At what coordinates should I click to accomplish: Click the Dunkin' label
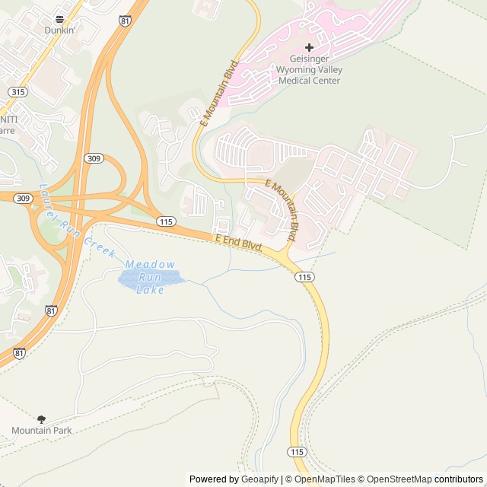pyautogui.click(x=59, y=30)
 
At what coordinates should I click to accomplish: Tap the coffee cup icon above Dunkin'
pyautogui.click(x=59, y=19)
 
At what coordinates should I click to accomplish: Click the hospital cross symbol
pyautogui.click(x=309, y=48)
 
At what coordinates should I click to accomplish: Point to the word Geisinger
pyautogui.click(x=310, y=59)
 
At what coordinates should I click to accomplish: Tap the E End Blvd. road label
pyautogui.click(x=239, y=243)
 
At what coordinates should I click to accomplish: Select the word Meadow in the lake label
pyautogui.click(x=150, y=264)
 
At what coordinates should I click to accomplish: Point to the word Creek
pyautogui.click(x=100, y=246)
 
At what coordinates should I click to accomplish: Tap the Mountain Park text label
pyautogui.click(x=41, y=431)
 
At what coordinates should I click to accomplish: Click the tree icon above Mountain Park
pyautogui.click(x=41, y=419)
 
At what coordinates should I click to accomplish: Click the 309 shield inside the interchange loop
pyautogui.click(x=94, y=158)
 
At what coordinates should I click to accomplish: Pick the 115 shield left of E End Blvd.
pyautogui.click(x=167, y=221)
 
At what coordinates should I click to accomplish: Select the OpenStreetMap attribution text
pyautogui.click(x=399, y=479)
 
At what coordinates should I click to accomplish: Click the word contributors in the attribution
pyautogui.click(x=459, y=479)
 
